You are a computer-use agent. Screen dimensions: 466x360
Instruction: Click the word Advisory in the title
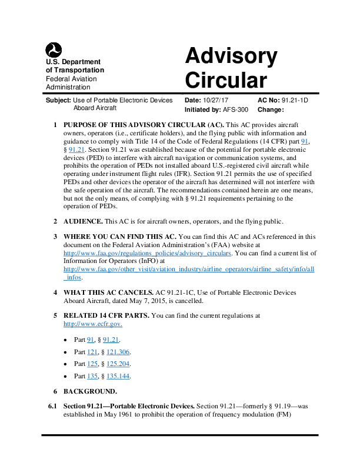231,56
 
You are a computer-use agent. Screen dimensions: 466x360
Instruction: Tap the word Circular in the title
226,80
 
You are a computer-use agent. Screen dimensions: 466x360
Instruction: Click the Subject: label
58,101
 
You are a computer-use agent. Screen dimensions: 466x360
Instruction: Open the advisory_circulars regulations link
147,253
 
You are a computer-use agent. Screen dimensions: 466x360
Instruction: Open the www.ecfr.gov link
92,324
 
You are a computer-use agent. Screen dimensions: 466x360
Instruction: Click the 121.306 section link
118,352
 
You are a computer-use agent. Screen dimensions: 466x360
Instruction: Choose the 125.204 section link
118,364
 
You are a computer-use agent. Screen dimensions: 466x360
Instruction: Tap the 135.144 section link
118,376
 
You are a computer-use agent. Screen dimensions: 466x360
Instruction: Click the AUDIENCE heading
83,221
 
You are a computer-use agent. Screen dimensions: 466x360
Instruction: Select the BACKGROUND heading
90,391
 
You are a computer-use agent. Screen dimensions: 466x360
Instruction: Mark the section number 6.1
53,407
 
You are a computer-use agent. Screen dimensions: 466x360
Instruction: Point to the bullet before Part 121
65,352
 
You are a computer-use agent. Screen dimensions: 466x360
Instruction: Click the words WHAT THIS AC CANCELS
108,292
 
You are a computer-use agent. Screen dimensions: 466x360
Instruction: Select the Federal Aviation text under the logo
71,79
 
